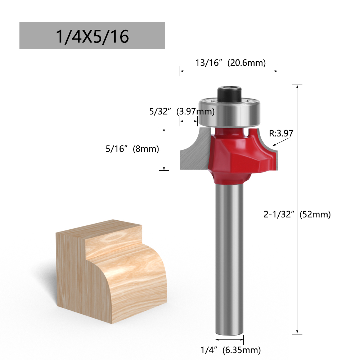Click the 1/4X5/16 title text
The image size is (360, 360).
click(92, 36)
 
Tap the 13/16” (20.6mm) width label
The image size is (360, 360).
click(230, 63)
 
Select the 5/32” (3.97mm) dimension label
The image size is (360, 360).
click(182, 112)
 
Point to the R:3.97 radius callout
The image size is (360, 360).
click(281, 134)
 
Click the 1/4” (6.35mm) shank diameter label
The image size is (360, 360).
click(230, 349)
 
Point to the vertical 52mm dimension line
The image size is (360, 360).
click(297, 270)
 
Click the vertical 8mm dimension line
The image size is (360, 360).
click(164, 149)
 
